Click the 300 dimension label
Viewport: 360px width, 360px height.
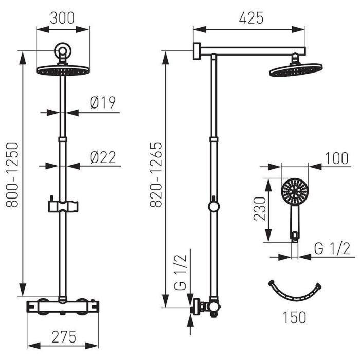point(62,18)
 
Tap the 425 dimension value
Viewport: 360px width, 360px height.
point(251,18)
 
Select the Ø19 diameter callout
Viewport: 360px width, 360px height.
point(103,102)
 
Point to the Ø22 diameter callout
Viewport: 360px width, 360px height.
point(103,157)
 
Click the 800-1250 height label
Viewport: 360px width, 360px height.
point(12,175)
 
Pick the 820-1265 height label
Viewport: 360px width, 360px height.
point(156,175)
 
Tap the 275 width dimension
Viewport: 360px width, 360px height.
point(64,337)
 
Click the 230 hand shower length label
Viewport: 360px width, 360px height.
point(259,208)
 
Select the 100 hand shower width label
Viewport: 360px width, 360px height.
point(336,158)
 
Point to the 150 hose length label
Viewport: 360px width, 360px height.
point(294,317)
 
